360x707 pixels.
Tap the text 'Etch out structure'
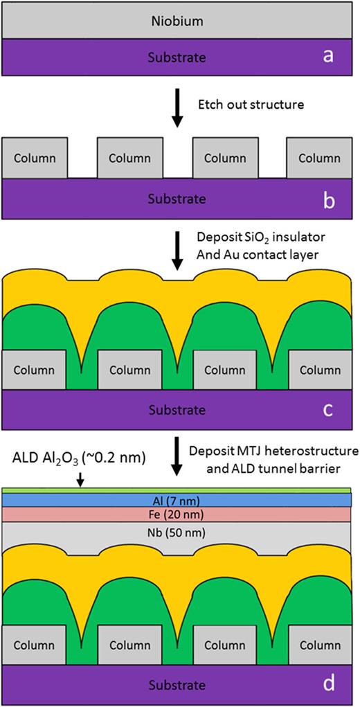[x=251, y=105]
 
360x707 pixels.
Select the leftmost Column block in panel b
[x=35, y=158]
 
